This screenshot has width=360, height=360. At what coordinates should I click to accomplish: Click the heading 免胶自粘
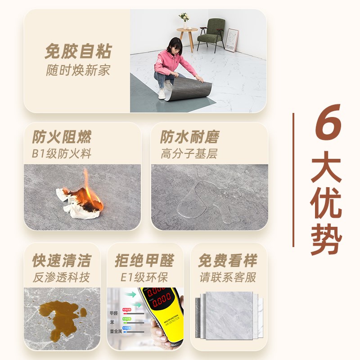[77, 51]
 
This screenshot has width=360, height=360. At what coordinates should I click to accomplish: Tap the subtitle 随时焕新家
[77, 70]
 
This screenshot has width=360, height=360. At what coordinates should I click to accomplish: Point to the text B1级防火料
[62, 153]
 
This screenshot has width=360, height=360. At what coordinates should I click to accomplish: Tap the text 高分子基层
[189, 153]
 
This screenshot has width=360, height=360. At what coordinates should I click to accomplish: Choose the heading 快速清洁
[62, 261]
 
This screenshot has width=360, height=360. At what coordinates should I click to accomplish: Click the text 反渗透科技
[62, 277]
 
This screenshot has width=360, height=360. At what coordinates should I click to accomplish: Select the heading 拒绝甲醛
[144, 261]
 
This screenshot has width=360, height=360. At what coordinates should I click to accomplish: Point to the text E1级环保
[144, 277]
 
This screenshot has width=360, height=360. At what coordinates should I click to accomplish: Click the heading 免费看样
[228, 261]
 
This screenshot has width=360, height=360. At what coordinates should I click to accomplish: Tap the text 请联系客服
[228, 277]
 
